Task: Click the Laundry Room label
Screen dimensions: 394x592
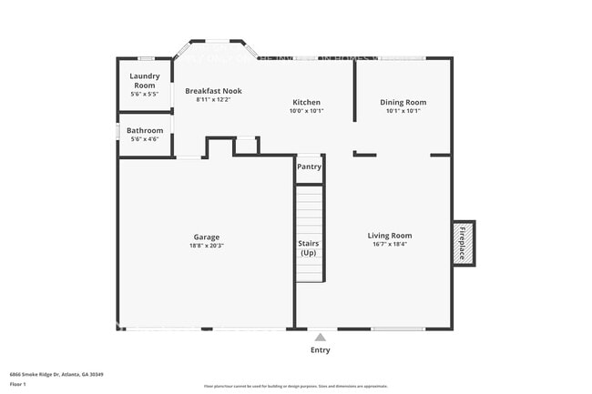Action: click(x=145, y=80)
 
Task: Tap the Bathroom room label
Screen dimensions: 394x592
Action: click(x=145, y=130)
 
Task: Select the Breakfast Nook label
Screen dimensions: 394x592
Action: click(x=214, y=91)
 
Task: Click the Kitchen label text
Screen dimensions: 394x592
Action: click(x=306, y=102)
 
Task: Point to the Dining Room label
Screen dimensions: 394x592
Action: click(x=403, y=102)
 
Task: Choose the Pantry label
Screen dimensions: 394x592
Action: click(x=309, y=167)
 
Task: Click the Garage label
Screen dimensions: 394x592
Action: click(x=207, y=237)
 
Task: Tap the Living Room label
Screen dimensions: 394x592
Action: click(x=390, y=236)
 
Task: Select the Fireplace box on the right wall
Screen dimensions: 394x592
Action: click(x=463, y=243)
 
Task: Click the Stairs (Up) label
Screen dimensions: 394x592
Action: click(x=309, y=248)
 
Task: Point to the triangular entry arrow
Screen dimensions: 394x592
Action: click(x=320, y=337)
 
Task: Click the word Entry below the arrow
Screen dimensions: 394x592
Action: click(x=321, y=350)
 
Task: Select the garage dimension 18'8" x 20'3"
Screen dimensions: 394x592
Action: click(x=207, y=245)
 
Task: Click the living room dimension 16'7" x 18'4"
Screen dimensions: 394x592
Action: click(x=390, y=244)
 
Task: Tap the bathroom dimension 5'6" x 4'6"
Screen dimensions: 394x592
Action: click(x=145, y=139)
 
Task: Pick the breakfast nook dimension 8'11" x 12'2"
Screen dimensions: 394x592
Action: click(x=214, y=99)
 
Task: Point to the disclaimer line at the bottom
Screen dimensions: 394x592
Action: click(x=296, y=386)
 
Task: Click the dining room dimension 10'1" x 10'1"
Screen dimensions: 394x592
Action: click(x=403, y=111)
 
